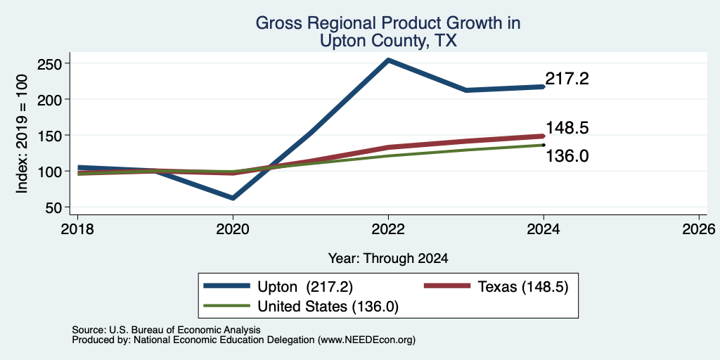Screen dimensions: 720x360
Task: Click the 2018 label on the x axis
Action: (x=77, y=229)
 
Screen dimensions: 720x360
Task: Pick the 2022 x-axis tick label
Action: (x=388, y=229)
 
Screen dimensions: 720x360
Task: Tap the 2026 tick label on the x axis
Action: (x=698, y=229)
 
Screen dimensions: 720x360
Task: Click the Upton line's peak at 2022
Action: (x=388, y=60)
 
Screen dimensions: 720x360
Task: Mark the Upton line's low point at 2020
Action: (x=233, y=198)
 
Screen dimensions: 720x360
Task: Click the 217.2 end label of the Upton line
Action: (x=567, y=79)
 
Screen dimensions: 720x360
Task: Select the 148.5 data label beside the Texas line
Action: (x=567, y=128)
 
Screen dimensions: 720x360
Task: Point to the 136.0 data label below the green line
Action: (x=567, y=157)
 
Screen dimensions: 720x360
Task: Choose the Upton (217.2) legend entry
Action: (x=278, y=287)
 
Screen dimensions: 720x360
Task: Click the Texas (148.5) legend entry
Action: (x=496, y=287)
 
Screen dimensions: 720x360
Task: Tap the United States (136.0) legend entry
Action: (x=301, y=307)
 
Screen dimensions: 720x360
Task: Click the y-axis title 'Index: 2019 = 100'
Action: (x=22, y=134)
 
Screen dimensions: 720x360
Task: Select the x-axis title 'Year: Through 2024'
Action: (x=388, y=259)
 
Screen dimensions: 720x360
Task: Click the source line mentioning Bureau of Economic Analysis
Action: (x=166, y=330)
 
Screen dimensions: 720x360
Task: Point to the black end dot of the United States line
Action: (x=544, y=145)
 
